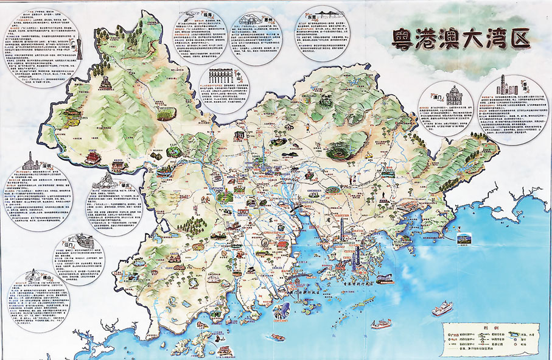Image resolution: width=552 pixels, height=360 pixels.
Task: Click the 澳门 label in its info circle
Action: coord(436,96)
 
